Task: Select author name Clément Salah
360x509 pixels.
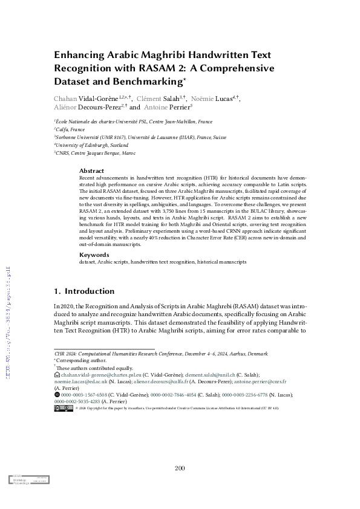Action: [160, 97]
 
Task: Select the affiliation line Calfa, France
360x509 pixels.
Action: [70, 129]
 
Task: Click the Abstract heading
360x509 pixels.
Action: [92, 171]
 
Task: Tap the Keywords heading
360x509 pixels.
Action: [94, 254]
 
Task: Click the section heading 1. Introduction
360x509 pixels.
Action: [84, 291]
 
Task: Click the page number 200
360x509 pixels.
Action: [180, 468]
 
